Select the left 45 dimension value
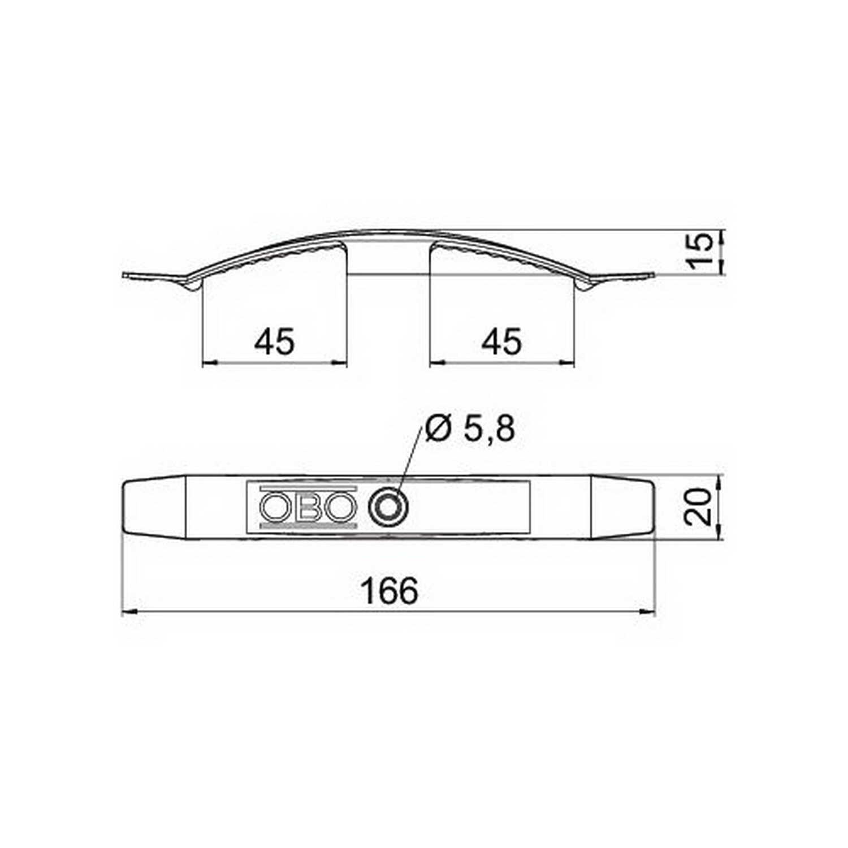point(275,342)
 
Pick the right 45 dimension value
point(502,342)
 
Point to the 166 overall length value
point(390,591)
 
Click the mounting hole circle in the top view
point(388,506)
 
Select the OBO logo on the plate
point(309,506)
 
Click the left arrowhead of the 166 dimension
point(131,611)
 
